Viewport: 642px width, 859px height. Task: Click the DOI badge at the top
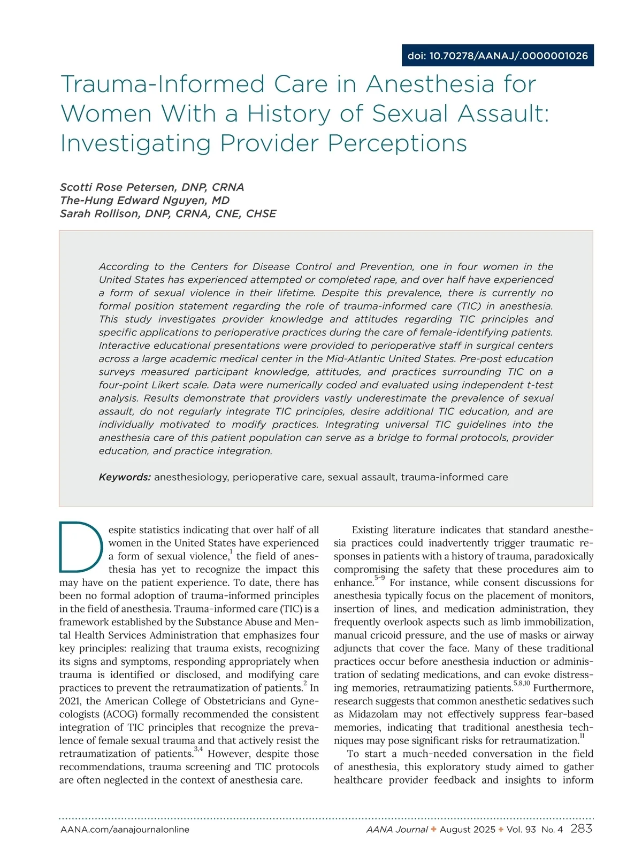tap(498, 56)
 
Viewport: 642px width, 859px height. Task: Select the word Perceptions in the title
tap(397, 143)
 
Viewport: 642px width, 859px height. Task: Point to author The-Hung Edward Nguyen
tap(144, 201)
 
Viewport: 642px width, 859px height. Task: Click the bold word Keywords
tap(125, 477)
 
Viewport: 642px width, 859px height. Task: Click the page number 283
tap(582, 829)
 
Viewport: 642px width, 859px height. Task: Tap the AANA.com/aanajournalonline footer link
tap(125, 830)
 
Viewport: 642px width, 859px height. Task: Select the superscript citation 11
tap(582, 737)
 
